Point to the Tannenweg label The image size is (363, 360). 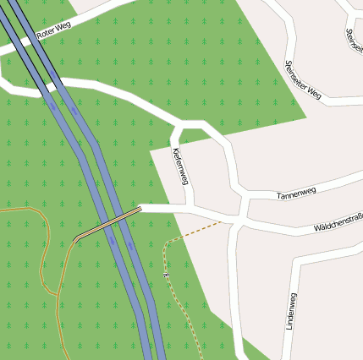point(296,193)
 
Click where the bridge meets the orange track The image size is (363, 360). point(75,239)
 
